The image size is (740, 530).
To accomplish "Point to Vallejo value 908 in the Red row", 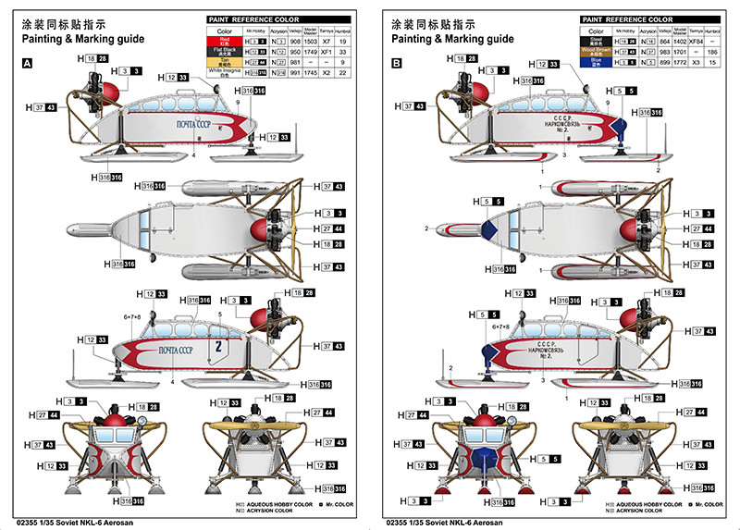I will [x=297, y=42].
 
